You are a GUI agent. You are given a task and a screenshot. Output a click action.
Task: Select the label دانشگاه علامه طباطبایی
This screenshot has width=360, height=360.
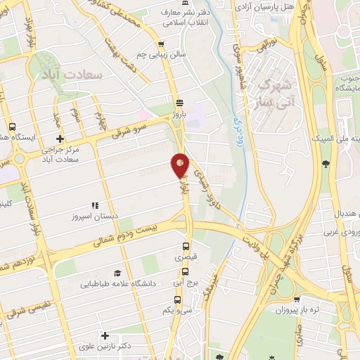point(117,284)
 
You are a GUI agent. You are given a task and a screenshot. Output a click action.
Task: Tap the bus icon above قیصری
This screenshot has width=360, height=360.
point(186,246)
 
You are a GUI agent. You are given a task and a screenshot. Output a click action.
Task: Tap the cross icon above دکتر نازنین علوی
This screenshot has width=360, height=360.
point(105,336)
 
